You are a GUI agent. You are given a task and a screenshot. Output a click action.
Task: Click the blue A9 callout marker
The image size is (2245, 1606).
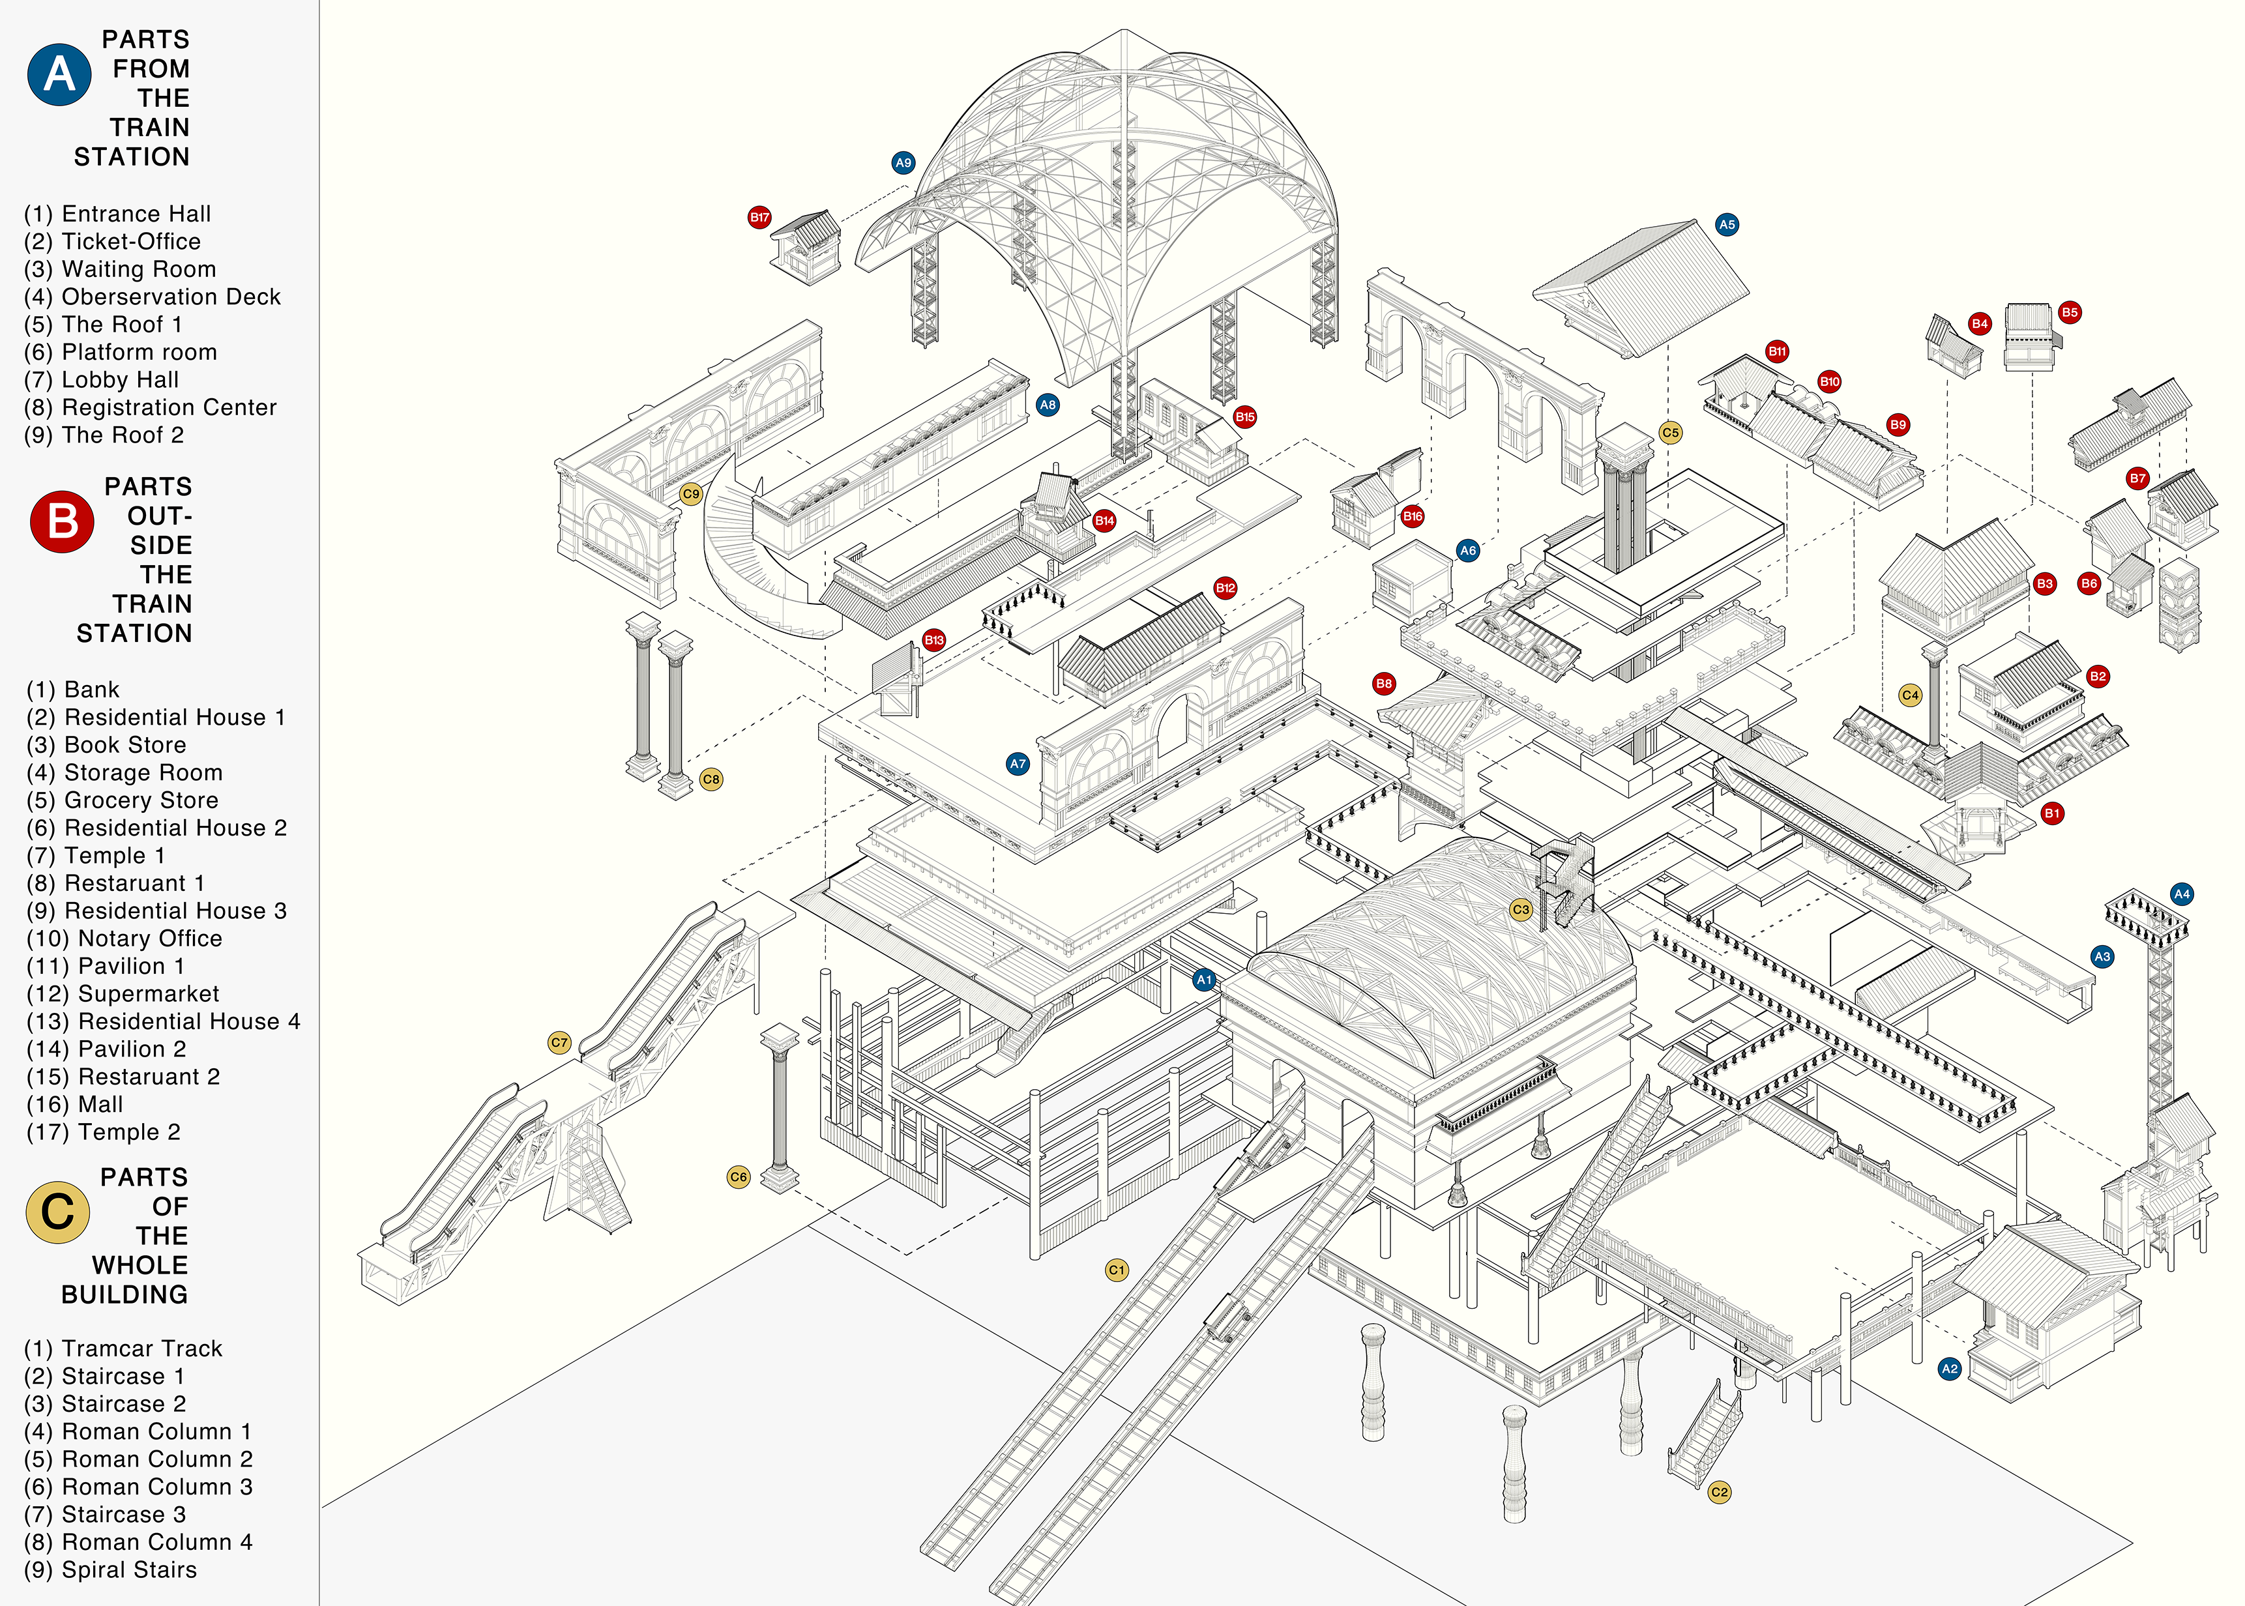[903, 163]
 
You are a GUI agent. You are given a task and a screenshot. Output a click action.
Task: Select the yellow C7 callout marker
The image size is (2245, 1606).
[560, 1042]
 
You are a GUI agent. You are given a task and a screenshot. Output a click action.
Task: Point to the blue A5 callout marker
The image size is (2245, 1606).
[1727, 224]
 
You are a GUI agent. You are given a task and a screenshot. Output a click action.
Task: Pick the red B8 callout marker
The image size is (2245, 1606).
[1384, 683]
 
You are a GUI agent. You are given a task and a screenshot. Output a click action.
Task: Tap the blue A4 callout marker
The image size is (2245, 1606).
[2182, 894]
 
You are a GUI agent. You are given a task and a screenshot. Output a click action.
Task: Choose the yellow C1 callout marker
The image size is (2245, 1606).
[1117, 1270]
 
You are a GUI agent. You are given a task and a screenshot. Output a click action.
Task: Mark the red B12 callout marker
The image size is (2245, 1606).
[1225, 587]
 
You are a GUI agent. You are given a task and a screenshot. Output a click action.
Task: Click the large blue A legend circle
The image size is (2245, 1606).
[59, 75]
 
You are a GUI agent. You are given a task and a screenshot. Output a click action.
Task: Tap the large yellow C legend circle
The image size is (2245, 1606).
[57, 1212]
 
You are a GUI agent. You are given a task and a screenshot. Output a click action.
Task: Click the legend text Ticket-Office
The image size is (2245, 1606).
[130, 241]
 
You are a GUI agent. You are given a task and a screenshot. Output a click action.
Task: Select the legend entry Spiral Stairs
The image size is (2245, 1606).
[128, 1569]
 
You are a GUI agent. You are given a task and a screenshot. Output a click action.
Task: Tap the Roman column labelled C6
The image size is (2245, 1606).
[780, 1107]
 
